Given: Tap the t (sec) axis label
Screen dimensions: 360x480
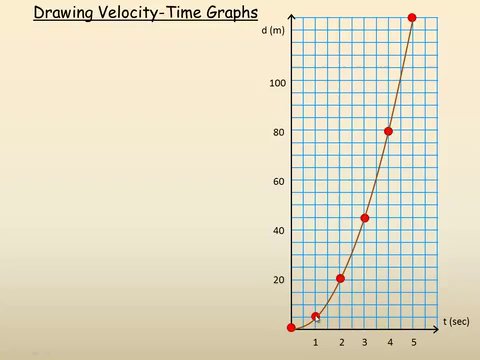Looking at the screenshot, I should pyautogui.click(x=457, y=321).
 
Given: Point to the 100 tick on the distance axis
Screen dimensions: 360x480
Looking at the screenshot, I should pyautogui.click(x=277, y=82).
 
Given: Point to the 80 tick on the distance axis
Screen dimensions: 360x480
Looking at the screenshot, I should pyautogui.click(x=279, y=131).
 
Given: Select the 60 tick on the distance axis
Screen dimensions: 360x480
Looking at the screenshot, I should pyautogui.click(x=279, y=181).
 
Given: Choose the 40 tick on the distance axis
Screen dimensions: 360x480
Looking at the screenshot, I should pyautogui.click(x=279, y=230).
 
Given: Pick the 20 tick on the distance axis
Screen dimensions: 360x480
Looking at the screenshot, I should pyautogui.click(x=279, y=279).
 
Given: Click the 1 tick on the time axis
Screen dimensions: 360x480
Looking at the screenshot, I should pyautogui.click(x=316, y=343).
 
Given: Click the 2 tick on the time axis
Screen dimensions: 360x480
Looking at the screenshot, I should pyautogui.click(x=341, y=343).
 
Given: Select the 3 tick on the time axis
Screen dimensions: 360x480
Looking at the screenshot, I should pyautogui.click(x=365, y=343).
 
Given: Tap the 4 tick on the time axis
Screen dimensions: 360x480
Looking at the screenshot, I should pyautogui.click(x=389, y=343).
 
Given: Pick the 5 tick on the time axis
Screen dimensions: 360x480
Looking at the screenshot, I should pyautogui.click(x=413, y=343).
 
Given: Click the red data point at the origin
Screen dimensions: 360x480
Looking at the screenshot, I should pyautogui.click(x=291, y=327).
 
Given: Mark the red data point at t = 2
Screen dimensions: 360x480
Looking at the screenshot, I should pyautogui.click(x=340, y=278).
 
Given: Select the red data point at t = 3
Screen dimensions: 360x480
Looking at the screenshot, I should pyautogui.click(x=365, y=218).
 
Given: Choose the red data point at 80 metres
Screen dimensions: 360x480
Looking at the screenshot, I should pyautogui.click(x=388, y=131).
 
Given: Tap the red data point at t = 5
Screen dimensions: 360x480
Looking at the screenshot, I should pyautogui.click(x=412, y=18).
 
